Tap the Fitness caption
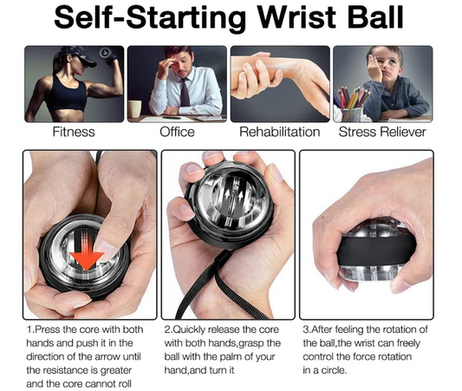(72, 133)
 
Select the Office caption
(177, 133)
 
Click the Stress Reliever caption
(383, 133)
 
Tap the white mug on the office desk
(135, 109)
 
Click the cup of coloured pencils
(353, 108)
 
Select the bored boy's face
(386, 69)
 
